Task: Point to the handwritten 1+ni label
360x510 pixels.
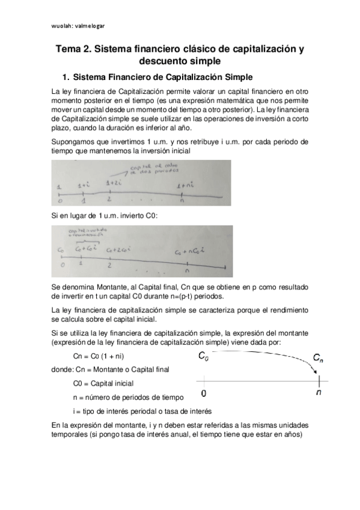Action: tap(185, 187)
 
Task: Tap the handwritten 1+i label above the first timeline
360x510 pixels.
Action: tap(85, 186)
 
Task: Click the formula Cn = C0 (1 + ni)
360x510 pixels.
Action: tap(98, 356)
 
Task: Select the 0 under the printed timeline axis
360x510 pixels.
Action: tap(204, 393)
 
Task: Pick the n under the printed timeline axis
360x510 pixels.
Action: tap(319, 393)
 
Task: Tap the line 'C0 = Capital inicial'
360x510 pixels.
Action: tap(103, 382)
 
